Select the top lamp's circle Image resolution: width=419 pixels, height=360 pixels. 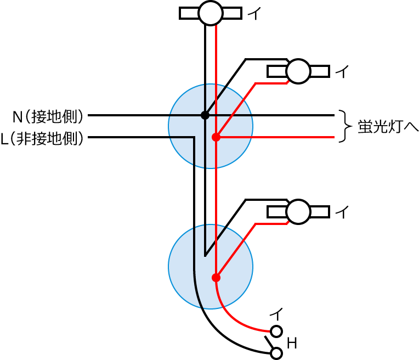point(210,13)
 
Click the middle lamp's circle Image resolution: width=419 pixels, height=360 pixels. point(298,71)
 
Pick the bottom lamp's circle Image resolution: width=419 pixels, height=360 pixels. point(298,212)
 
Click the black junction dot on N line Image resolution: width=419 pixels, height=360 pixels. point(205,115)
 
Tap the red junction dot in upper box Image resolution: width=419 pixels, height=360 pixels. point(216,137)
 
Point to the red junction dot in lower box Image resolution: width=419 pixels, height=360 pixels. point(216,278)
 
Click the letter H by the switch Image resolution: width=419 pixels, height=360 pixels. point(292,344)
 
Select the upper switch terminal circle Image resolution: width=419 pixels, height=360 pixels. point(277,331)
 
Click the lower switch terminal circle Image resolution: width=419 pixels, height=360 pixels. point(277,353)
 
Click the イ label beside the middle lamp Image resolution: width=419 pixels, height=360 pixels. point(342,72)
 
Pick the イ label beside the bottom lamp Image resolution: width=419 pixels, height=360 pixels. point(342,212)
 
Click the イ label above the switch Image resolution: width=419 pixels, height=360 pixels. point(276,314)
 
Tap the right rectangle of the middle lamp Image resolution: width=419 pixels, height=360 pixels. point(319,71)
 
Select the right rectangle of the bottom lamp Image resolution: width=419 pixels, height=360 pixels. point(319,212)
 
